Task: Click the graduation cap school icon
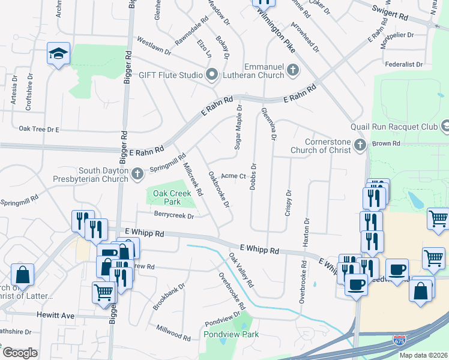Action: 59,55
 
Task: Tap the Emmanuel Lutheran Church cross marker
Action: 294,70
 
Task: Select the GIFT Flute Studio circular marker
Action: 211,75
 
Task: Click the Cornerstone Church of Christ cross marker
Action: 360,144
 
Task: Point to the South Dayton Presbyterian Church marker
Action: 137,175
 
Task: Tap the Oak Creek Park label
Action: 167,197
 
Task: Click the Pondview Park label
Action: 231,334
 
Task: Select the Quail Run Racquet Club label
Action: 396,126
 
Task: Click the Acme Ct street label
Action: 234,176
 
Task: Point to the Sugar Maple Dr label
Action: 239,127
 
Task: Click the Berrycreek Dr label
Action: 174,215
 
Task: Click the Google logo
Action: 19,353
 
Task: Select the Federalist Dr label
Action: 403,64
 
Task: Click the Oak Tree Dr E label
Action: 39,128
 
